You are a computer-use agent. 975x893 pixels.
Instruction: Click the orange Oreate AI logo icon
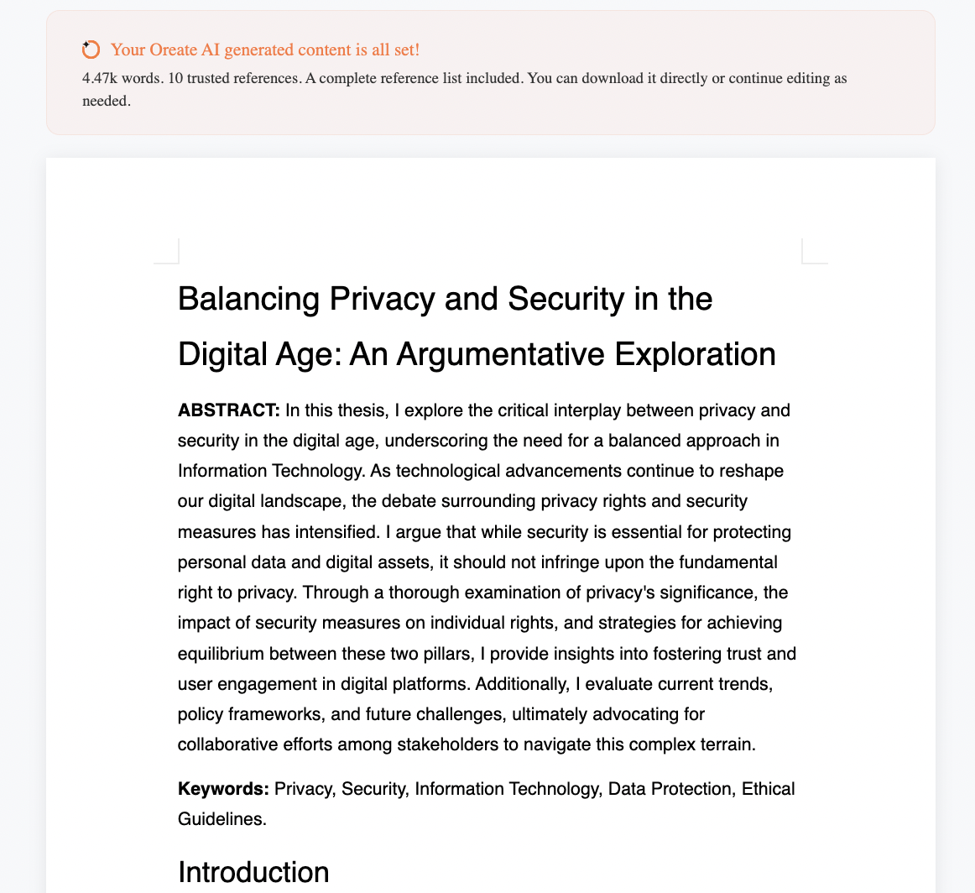(x=91, y=50)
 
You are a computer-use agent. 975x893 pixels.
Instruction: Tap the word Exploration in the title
(x=695, y=354)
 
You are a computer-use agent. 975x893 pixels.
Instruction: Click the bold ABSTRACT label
(x=228, y=410)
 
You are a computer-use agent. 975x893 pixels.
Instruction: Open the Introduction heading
(x=253, y=872)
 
